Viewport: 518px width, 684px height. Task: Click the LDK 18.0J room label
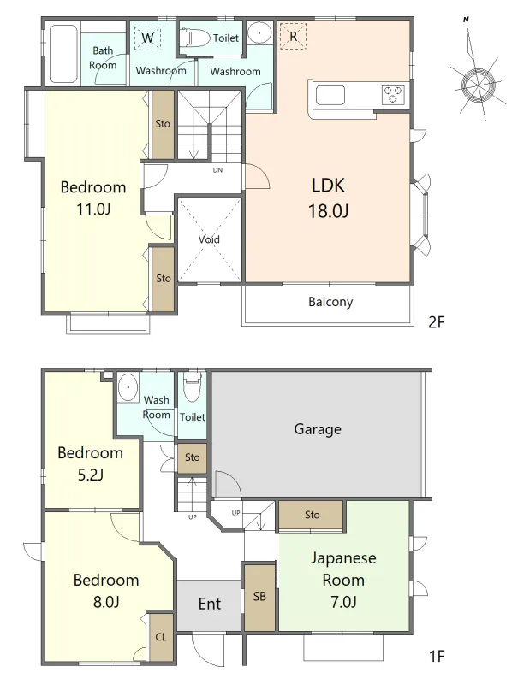pos(329,198)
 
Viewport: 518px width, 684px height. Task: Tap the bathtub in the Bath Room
pos(63,54)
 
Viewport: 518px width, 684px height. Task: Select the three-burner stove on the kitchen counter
pos(393,95)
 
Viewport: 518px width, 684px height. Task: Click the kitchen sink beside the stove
pos(330,96)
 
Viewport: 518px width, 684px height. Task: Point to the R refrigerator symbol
pos(293,36)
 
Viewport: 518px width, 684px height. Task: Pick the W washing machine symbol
pos(147,38)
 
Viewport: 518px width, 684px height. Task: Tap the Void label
pos(209,239)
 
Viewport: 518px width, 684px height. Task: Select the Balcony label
pos(330,302)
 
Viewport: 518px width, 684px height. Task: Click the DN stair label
pos(217,170)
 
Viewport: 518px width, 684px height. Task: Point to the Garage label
pos(318,429)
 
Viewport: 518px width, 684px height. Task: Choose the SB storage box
pos(259,596)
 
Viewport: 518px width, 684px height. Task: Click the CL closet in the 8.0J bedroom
pos(161,637)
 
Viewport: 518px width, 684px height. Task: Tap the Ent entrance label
pos(210,604)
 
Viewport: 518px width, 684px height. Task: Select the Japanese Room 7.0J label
pos(343,580)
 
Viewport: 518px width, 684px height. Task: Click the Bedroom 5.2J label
pos(91,463)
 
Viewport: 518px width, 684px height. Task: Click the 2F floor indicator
pos(437,322)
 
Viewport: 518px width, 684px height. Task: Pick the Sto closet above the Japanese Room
pos(312,515)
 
